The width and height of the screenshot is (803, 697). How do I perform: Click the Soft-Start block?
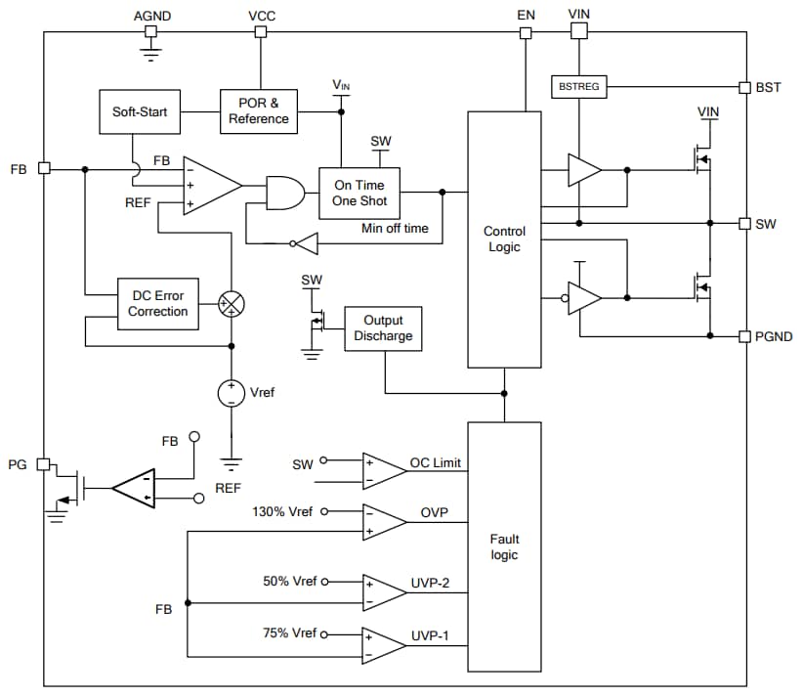coord(140,111)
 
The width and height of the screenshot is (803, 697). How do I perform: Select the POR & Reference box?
coord(259,110)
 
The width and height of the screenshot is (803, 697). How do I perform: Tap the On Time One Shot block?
coord(359,193)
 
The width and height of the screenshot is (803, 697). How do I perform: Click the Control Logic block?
coord(504,240)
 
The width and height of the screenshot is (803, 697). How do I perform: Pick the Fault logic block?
coord(504,547)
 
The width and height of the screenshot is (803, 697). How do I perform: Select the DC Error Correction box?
coord(158,303)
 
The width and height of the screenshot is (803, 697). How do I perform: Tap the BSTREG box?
coord(579,87)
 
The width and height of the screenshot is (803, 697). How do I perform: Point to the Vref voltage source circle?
coord(232,392)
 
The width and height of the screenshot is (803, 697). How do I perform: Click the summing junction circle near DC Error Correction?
coord(232,303)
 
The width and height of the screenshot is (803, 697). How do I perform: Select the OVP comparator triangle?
coord(383,522)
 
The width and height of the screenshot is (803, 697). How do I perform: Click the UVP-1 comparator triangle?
coord(383,644)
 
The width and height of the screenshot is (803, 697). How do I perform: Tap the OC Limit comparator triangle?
coord(383,471)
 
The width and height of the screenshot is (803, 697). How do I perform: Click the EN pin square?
coord(526,32)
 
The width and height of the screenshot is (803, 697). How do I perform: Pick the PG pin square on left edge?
coord(44,463)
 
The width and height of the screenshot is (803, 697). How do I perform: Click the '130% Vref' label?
coord(284,511)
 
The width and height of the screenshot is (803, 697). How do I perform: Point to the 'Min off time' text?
coord(394,228)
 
